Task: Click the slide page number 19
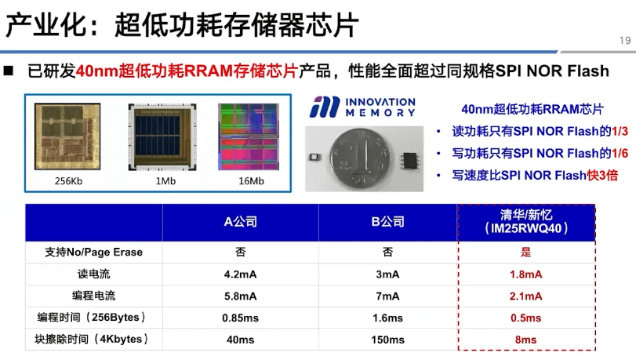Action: click(x=625, y=40)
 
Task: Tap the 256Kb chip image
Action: click(x=67, y=136)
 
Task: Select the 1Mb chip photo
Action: click(x=162, y=136)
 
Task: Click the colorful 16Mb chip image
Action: click(x=249, y=136)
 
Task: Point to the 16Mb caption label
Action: click(x=251, y=181)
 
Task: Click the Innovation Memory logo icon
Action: click(x=325, y=107)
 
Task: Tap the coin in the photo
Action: click(x=362, y=159)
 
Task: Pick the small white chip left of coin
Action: click(x=314, y=157)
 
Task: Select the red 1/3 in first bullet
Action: click(x=620, y=131)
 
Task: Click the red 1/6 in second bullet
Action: click(x=620, y=153)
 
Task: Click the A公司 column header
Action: click(x=240, y=222)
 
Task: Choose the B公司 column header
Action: click(x=387, y=222)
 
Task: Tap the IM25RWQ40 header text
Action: click(x=526, y=228)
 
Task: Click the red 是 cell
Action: click(x=525, y=252)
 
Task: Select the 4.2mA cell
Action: click(x=240, y=275)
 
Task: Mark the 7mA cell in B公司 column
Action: click(x=387, y=296)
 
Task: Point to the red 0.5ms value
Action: click(x=525, y=318)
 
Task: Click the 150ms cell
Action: click(x=387, y=340)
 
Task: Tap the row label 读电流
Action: click(x=93, y=274)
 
